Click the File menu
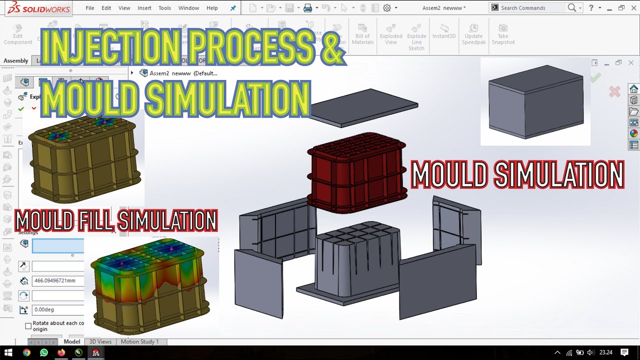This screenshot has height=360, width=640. [90, 8]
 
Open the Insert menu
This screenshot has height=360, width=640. [144, 8]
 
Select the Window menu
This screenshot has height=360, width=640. [188, 8]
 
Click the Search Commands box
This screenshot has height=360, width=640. [532, 8]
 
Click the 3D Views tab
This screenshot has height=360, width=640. [100, 341]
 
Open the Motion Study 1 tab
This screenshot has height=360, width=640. [139, 341]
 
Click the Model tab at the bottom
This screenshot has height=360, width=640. [71, 341]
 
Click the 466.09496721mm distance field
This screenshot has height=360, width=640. [57, 280]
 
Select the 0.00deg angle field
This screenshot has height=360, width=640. [57, 309]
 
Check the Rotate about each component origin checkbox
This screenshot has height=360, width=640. [28, 326]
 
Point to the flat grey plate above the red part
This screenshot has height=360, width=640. [364, 106]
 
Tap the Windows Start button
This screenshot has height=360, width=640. [8, 352]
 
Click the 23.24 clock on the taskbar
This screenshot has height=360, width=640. [605, 352]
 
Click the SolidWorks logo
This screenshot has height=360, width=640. [34, 8]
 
